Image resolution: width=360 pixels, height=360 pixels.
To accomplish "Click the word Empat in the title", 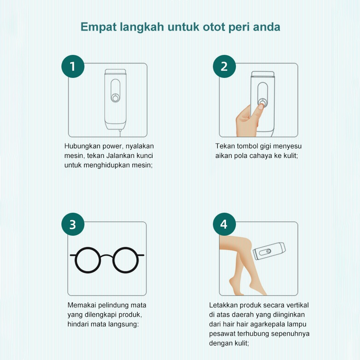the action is (x=99, y=27).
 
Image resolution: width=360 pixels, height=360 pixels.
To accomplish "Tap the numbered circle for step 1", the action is (x=73, y=66).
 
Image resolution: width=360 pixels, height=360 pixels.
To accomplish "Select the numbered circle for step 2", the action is (x=224, y=66).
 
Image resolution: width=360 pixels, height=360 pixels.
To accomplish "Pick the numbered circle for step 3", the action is (x=73, y=224).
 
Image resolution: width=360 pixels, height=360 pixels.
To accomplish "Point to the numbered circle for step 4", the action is (x=224, y=224).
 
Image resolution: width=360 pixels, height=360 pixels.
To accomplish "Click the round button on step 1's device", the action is (x=115, y=98).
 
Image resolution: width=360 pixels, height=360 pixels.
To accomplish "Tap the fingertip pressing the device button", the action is (x=261, y=107).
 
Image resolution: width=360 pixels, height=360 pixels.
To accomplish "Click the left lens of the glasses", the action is (x=88, y=260).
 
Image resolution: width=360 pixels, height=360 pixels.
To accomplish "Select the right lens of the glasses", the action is (x=126, y=260).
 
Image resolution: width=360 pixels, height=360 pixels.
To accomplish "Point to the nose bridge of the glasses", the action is (x=107, y=256).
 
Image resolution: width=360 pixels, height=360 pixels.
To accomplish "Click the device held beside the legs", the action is (x=269, y=251).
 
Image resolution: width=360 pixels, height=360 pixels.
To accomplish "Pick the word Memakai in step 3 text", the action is (x=81, y=305).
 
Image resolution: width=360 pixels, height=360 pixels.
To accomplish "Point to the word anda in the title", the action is (x=266, y=27).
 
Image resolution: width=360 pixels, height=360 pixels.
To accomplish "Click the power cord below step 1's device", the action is (x=120, y=133).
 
